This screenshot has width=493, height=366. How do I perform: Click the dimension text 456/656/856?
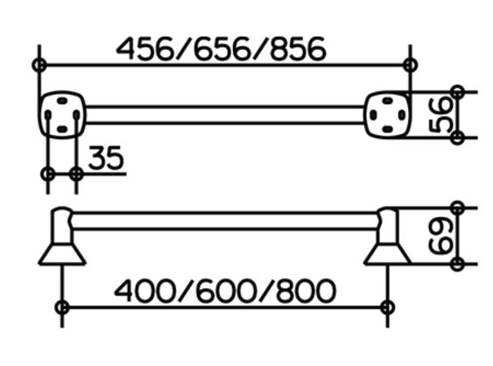point(222,49)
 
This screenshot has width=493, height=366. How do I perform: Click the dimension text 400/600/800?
point(225,291)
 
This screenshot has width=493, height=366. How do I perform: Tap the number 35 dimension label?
point(106,158)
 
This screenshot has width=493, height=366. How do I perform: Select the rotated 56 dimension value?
point(440,115)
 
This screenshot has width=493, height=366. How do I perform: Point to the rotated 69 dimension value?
point(440,236)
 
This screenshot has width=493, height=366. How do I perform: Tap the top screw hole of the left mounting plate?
point(62,101)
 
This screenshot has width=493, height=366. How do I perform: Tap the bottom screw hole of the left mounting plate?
point(62,129)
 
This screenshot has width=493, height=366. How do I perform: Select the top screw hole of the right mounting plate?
point(387,101)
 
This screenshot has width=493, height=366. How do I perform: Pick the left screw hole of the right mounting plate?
point(373,115)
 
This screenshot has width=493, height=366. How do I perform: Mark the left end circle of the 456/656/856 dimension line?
point(39,65)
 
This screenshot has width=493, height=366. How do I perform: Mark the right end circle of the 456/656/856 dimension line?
point(411,65)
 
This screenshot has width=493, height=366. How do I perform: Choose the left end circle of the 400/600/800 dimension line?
point(62,307)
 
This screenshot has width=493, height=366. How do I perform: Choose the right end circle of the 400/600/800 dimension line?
point(387,307)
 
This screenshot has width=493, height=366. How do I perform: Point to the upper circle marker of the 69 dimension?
point(457,208)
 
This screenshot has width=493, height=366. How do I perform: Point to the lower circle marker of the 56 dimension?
point(457,137)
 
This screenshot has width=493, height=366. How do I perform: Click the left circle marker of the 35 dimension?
point(48,173)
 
